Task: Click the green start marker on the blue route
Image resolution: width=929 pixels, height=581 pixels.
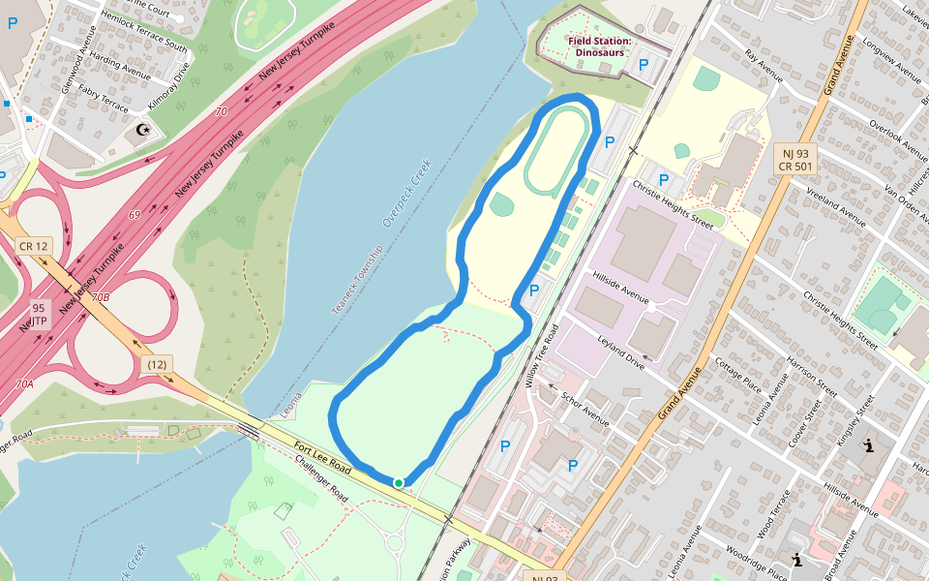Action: [398, 482]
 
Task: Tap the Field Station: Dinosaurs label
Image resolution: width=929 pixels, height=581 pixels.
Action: [599, 46]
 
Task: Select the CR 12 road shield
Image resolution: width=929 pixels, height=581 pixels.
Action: [33, 246]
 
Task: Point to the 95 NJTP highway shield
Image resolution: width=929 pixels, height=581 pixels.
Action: [39, 314]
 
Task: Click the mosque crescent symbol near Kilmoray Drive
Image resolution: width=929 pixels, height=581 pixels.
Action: [143, 129]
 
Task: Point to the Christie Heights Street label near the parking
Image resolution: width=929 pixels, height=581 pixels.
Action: [672, 204]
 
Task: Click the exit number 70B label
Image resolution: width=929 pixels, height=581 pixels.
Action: [100, 297]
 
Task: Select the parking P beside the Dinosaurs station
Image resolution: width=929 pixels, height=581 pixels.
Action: [643, 65]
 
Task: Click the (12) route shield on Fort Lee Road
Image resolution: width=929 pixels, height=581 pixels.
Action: [157, 364]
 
